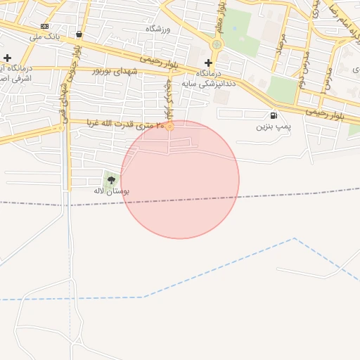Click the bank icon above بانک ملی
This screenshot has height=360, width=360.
45,25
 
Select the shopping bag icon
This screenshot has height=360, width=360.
78,34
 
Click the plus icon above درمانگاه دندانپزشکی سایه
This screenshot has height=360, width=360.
208,63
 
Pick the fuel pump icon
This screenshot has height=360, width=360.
273,115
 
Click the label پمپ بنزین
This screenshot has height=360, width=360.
273,127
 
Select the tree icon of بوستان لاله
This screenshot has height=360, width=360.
111,180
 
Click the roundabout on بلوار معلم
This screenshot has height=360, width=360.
217,44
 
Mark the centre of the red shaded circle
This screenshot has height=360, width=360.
180,179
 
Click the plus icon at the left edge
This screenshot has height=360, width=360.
7,58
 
